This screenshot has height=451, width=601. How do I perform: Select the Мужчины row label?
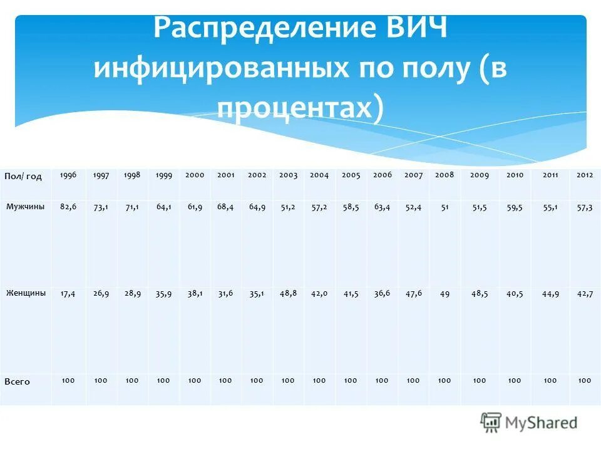26,206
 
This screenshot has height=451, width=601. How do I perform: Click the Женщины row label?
26,293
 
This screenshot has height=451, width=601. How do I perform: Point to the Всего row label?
17,381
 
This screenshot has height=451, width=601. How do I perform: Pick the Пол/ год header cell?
23,176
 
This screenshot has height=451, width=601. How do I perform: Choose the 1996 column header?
68,175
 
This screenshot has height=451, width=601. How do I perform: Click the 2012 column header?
585,175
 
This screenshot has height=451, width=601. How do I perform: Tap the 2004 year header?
319,175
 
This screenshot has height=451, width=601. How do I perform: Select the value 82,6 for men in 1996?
68,206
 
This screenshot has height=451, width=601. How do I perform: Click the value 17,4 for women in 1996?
68,293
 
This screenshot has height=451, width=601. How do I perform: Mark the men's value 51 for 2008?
444,207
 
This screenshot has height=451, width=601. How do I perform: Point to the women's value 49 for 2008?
444,293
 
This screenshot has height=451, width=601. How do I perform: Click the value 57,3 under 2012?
585,207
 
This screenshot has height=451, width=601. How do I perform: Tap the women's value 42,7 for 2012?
585,293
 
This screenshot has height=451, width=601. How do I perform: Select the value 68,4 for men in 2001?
225,207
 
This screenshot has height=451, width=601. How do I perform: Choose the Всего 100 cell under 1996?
68,380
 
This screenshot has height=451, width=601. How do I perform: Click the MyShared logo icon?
491,423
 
